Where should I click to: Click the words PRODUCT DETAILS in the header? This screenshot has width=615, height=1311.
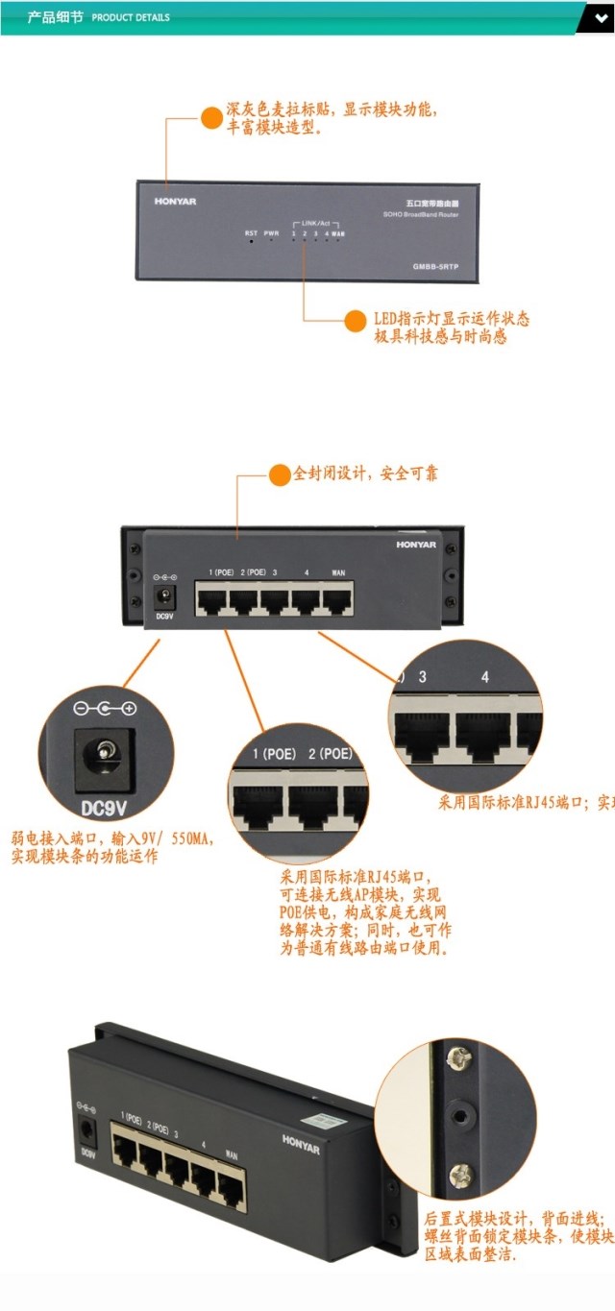[x=131, y=17]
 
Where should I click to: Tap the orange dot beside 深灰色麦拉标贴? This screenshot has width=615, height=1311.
[x=210, y=118]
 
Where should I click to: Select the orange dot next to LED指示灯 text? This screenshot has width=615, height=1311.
[x=356, y=320]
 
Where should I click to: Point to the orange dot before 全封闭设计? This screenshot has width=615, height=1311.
[x=279, y=473]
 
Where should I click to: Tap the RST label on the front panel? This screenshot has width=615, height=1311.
[x=251, y=232]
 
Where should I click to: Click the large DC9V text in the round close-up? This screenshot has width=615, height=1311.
[x=102, y=799]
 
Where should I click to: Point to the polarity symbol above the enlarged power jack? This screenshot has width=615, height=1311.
[x=104, y=709]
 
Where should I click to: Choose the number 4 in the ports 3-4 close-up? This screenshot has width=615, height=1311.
[x=485, y=678]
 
